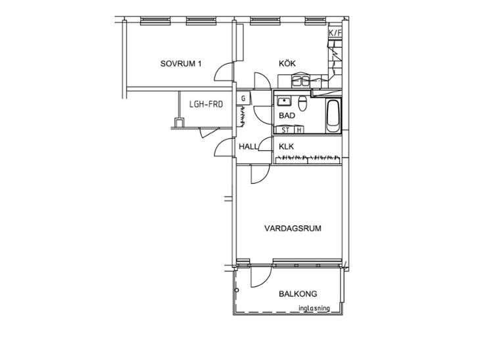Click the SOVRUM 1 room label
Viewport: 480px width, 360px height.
pos(181,64)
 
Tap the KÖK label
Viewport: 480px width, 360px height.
pos(287,63)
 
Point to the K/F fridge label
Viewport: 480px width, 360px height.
pos(335,33)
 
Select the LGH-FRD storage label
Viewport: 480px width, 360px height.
pos(206,104)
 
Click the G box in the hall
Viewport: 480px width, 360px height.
pos(244,98)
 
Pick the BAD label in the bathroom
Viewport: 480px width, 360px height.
pos(287,116)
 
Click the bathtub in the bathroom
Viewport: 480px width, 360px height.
pos(333,116)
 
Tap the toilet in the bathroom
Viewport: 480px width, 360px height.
pos(302,103)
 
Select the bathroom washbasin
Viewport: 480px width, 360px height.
pos(284,101)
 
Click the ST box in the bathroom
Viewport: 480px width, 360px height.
pos(285,129)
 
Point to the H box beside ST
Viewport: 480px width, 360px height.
pos(299,129)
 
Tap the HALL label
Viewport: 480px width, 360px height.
pos(249,146)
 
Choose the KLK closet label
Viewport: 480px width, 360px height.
pos(286,146)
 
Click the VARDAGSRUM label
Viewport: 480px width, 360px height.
pos(293,229)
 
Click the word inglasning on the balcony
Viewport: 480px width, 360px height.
pos(314,308)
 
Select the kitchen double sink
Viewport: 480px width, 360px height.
pos(300,81)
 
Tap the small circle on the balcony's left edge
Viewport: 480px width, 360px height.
pos(237,290)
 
